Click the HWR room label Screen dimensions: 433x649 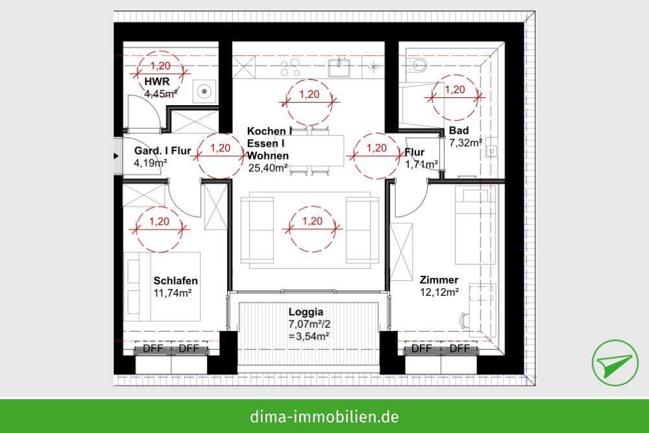pos(158,82)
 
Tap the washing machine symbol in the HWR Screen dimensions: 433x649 pos(205,91)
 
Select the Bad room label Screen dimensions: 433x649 pos(458,130)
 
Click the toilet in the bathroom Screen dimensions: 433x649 pos(419,64)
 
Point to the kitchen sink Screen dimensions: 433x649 pos(339,65)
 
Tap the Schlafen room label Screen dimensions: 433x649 pos(176,280)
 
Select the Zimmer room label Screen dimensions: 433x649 pos(439,280)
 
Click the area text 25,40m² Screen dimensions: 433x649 pos(268,168)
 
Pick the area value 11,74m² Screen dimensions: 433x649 pos(173,292)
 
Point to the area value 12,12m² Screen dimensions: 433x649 pos(439,292)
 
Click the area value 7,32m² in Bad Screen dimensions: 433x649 pos(465,142)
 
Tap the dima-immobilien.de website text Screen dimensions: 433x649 pos(324,415)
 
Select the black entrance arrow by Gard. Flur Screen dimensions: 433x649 pos(116,156)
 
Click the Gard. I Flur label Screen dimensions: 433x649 pos(162,152)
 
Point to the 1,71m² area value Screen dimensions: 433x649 pos(421,164)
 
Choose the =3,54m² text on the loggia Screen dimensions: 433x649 pos(308,336)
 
